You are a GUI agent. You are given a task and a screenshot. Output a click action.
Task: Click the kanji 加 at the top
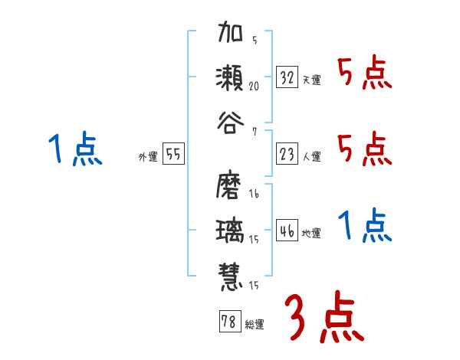(231, 37)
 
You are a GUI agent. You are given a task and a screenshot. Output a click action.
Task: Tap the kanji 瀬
(231, 78)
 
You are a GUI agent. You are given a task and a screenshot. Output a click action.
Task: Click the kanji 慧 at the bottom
(231, 273)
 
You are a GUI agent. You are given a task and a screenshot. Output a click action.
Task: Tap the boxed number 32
(287, 77)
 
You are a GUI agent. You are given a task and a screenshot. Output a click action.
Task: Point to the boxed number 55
(173, 155)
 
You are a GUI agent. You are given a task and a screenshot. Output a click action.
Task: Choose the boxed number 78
(228, 322)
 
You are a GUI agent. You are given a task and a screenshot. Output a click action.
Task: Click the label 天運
(311, 80)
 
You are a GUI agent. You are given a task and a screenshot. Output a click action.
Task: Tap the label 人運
(311, 156)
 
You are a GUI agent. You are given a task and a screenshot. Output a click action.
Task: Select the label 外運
(148, 156)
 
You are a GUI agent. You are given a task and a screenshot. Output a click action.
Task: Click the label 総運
(254, 324)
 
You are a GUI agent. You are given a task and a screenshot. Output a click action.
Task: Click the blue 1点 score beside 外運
(74, 149)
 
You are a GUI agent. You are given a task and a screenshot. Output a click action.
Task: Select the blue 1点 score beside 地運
(364, 226)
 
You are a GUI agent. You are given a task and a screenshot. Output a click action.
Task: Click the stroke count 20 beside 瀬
(254, 87)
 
